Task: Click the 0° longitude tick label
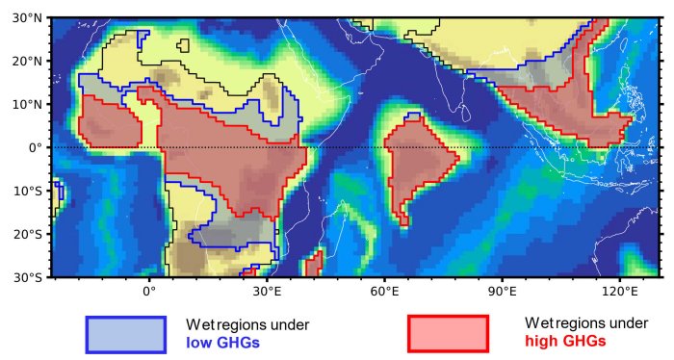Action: pos(149,291)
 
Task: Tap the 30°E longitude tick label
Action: pos(267,291)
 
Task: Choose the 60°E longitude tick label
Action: pos(384,291)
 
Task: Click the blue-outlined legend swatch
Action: pos(126,334)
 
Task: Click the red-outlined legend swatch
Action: pos(449,334)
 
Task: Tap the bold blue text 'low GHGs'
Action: pos(222,342)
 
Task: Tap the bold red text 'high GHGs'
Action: pos(565,341)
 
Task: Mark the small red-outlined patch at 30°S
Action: pos(313,264)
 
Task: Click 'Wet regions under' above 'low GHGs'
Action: pos(247,324)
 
